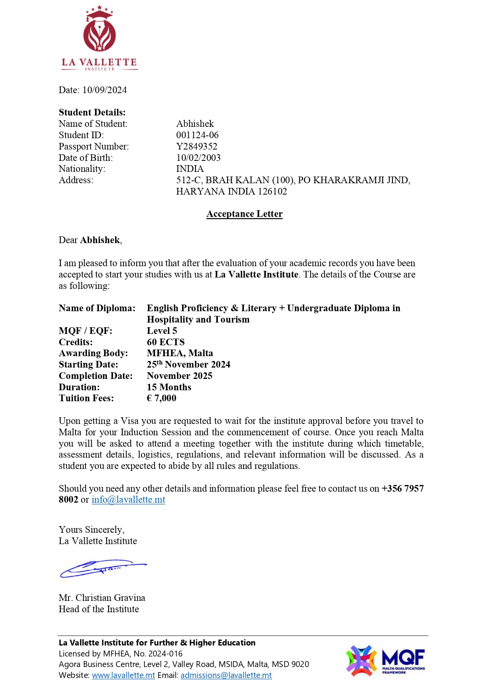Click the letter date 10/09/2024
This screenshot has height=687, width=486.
(105, 90)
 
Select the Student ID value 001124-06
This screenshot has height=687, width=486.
(197, 135)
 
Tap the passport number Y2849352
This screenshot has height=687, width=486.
(197, 146)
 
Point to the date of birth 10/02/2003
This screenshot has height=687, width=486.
(198, 158)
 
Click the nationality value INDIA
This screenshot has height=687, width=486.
(190, 169)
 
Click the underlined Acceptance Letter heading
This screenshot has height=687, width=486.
(244, 214)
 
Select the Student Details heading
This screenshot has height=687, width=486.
(92, 112)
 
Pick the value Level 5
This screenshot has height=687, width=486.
(162, 331)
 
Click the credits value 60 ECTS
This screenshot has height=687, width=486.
(166, 342)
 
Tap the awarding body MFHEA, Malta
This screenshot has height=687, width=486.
(180, 353)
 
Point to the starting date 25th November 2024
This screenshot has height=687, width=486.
(188, 364)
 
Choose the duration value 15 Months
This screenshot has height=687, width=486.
(169, 387)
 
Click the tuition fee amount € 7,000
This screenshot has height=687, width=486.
(161, 398)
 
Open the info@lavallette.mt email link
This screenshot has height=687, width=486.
(128, 499)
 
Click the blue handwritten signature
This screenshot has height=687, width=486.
(103, 568)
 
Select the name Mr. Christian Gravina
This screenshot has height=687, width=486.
(102, 598)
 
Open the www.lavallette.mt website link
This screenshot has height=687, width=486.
(123, 675)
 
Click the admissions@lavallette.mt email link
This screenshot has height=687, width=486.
(226, 675)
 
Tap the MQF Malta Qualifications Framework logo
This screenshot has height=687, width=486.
(385, 661)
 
